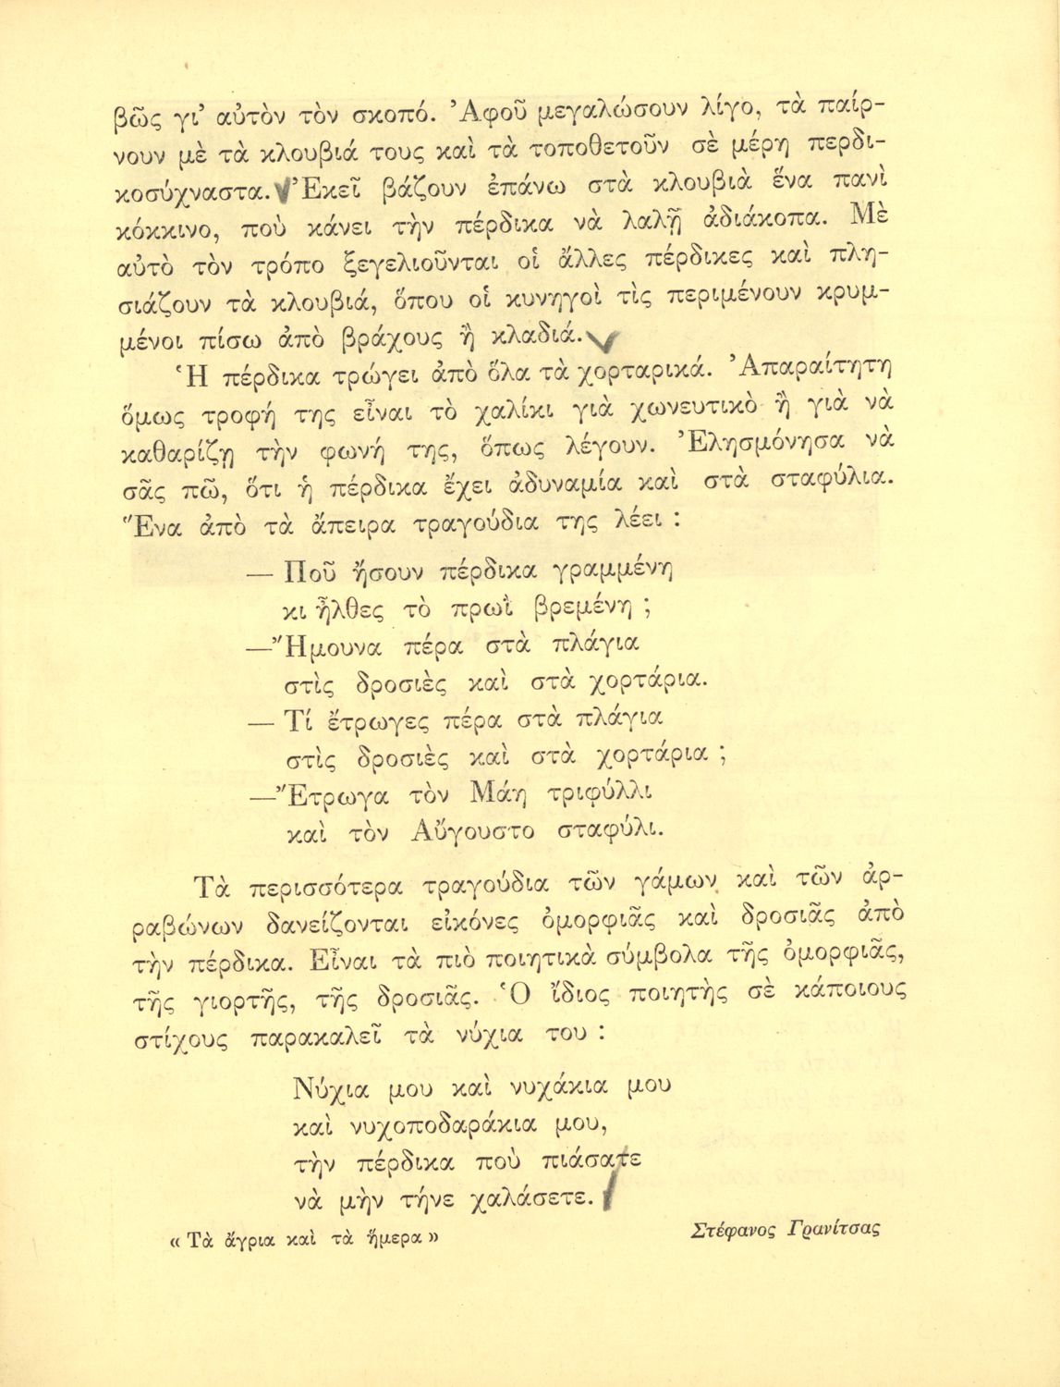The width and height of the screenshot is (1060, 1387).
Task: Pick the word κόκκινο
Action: click(164, 232)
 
